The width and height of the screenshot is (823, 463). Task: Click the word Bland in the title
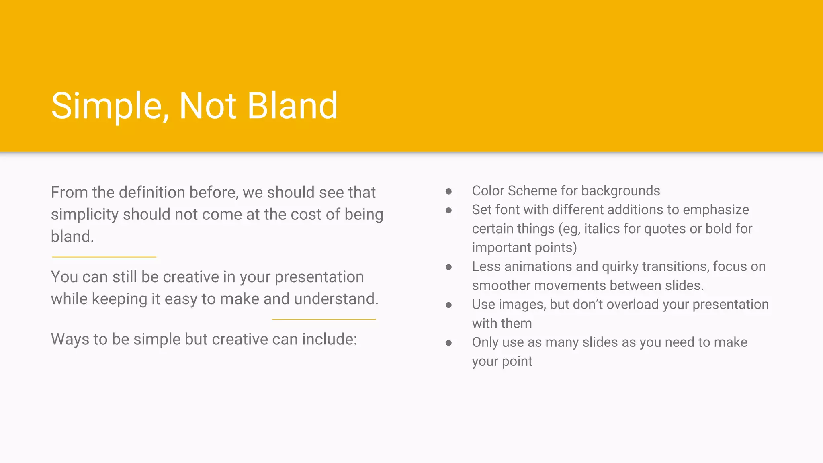pos(292,106)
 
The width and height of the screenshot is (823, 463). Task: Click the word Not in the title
pos(208,106)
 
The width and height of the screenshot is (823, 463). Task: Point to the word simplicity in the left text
pos(84,215)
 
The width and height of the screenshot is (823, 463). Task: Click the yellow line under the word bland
pos(104,257)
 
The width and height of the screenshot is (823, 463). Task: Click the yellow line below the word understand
pos(323,320)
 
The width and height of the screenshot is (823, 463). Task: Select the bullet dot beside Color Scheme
pos(448,191)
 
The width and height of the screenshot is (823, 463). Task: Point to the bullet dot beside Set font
pos(448,210)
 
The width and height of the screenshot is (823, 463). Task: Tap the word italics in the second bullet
pos(602,229)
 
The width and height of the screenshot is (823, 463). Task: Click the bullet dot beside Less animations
pos(448,267)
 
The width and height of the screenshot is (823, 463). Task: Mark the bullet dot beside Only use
pos(448,343)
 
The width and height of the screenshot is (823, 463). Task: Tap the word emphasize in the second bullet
pos(716,210)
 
